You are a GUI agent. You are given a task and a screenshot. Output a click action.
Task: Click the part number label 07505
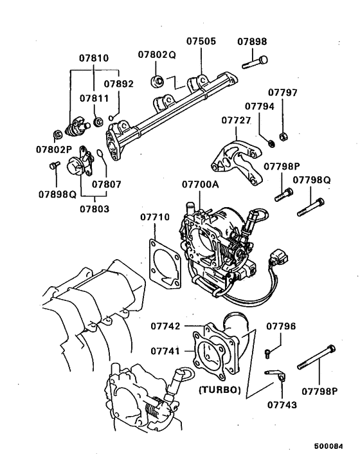[x=201, y=42]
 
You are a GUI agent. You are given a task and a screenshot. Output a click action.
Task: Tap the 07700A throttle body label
[x=200, y=185]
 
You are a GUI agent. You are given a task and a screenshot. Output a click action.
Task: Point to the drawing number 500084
[x=328, y=445]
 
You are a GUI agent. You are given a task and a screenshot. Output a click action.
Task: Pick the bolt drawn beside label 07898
[x=255, y=62]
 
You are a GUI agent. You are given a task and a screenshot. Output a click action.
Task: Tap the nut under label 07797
[x=285, y=136]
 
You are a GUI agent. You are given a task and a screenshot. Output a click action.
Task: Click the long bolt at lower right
[x=316, y=358]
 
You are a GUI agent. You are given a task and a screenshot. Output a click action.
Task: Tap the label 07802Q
[x=156, y=55]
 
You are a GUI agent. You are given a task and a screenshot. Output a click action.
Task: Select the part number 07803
[x=94, y=208]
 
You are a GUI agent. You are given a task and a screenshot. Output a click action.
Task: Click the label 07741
[x=165, y=351]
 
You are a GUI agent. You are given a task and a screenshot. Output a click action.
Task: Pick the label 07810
[x=94, y=58]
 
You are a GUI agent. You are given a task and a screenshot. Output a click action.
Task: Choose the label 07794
[x=258, y=105]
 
